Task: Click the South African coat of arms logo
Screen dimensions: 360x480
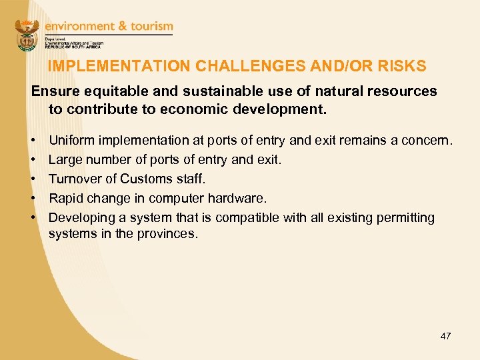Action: tap(27, 35)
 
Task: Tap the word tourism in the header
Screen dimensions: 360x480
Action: tap(148, 27)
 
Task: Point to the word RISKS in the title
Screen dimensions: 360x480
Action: tap(402, 67)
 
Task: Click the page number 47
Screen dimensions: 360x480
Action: tap(445, 336)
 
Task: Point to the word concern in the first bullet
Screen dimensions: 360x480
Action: tap(429, 141)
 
